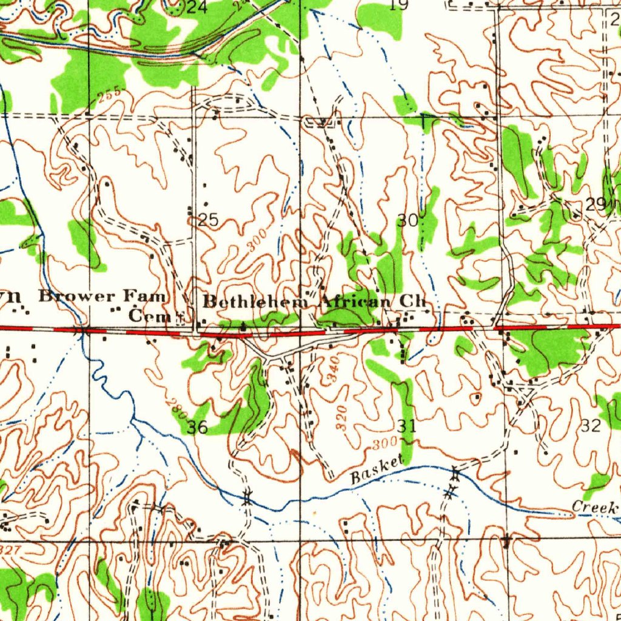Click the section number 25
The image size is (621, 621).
click(x=208, y=220)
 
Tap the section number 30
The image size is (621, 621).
click(x=407, y=221)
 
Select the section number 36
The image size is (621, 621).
click(x=197, y=428)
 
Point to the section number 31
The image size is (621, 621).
click(x=407, y=426)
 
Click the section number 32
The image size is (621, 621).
click(x=591, y=426)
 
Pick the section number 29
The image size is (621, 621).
click(x=596, y=205)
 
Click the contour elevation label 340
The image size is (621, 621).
click(x=333, y=369)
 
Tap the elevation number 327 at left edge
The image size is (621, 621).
click(x=10, y=549)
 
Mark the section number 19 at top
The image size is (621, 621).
click(x=399, y=5)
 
